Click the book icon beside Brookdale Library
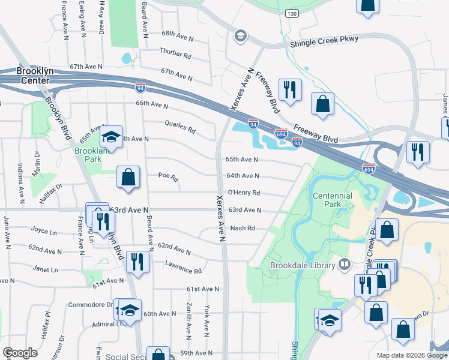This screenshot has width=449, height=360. tap(345, 264)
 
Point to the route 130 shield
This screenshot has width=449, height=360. tap(292, 14)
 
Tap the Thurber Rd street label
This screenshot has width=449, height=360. tap(175, 55)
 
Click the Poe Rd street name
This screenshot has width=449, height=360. tap(169, 177)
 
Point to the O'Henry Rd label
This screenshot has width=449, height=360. tap(243, 193)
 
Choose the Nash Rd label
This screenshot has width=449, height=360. tap(243, 228)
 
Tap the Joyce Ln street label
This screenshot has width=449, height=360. tap(44, 230)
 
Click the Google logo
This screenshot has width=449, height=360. tap(20, 353)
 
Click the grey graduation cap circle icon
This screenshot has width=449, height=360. tap(241, 36)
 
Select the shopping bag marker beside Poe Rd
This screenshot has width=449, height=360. tap(128, 177)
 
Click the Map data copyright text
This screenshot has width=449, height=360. tap(412, 355)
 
